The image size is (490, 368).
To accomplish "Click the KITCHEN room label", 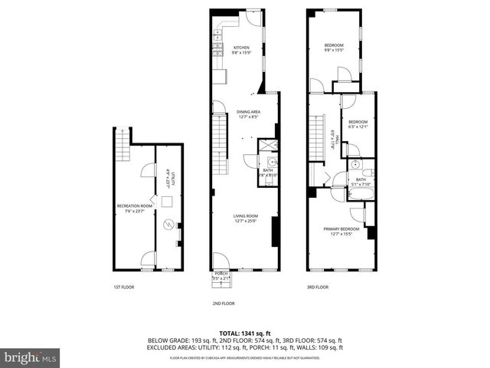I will click(241, 48).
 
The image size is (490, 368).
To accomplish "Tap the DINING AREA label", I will click(249, 111).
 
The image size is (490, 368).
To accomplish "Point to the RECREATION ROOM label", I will click(134, 205).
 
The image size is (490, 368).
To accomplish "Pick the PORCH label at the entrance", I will click(221, 273).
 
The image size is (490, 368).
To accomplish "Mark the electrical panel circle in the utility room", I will click(168, 224).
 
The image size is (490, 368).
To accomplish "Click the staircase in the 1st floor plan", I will click(120, 140).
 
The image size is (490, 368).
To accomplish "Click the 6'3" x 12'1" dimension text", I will click(358, 127).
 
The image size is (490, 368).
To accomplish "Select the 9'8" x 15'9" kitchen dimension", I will click(241, 53).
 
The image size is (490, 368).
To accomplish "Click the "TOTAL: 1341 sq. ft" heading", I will click(245, 333).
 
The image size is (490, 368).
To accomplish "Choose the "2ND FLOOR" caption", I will click(224, 304).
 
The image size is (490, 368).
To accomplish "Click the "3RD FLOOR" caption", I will click(318, 287).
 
